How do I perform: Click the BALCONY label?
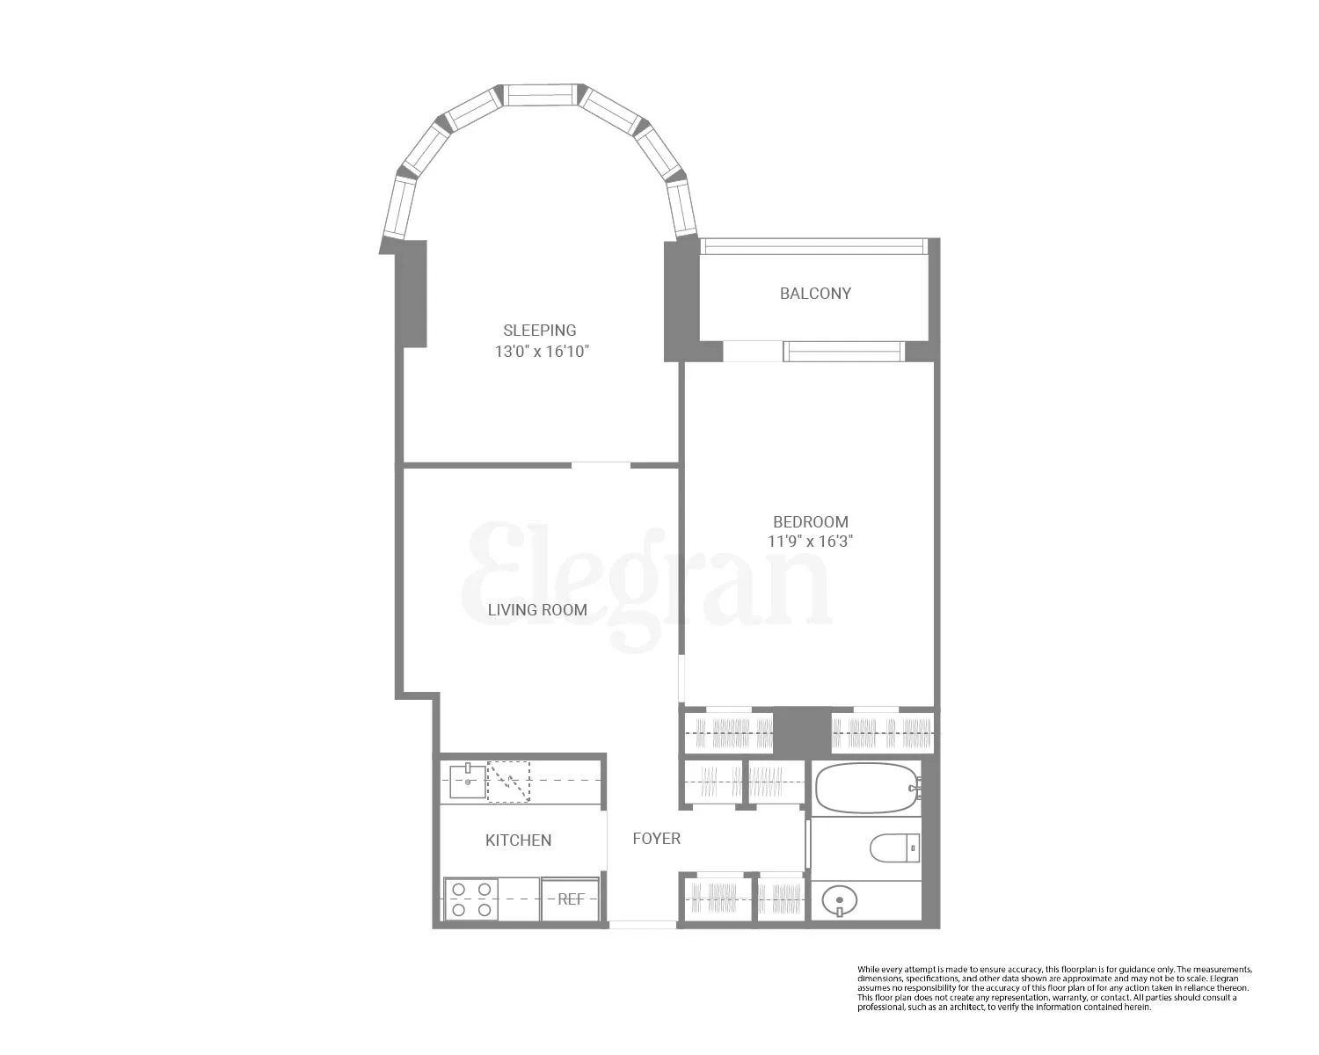pos(815,294)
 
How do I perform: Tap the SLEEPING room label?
pos(540,331)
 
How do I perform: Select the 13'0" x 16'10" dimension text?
pos(541,352)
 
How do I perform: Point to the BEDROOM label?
pos(810,521)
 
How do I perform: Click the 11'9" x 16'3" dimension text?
pos(810,542)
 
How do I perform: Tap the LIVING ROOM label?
pos(537,609)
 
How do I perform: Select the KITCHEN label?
pos(518,840)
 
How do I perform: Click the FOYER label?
pos(656,839)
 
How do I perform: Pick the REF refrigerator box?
pos(571,899)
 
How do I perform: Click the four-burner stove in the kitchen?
pos(471,899)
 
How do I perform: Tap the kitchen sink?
pos(467,781)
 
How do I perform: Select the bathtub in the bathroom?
pos(867,788)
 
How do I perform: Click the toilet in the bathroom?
pos(894,848)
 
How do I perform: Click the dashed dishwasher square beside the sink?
pos(509,782)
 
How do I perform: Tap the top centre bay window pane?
pos(540,95)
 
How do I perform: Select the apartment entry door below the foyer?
pos(643,924)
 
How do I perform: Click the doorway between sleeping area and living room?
pos(601,464)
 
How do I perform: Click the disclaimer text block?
pos(1054,988)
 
